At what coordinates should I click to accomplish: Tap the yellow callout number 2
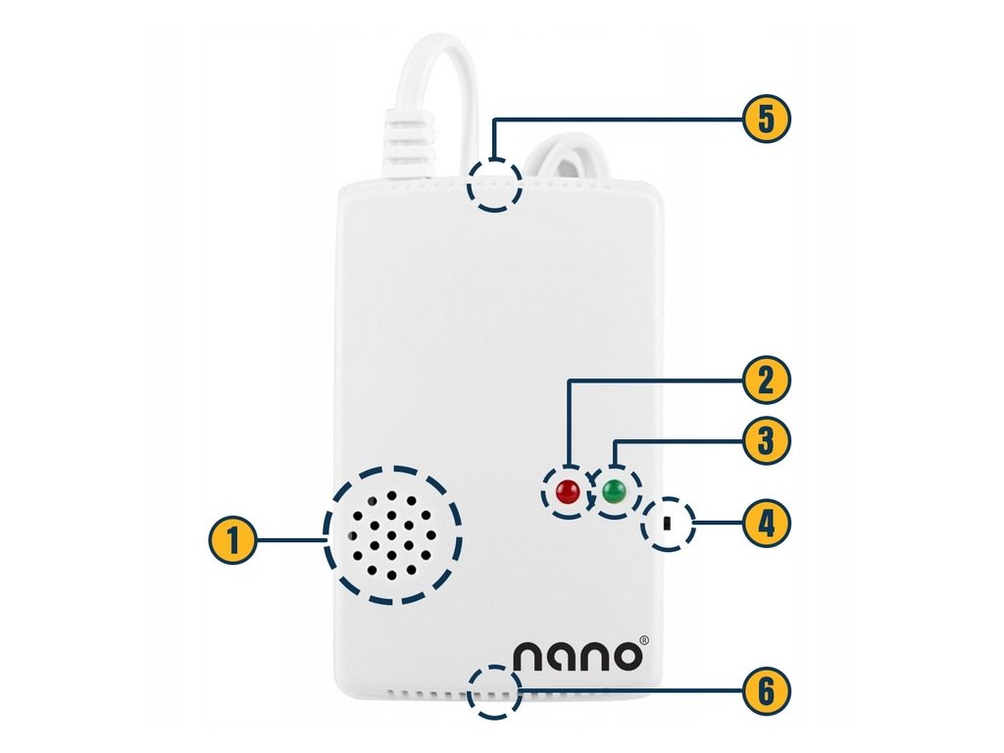766,378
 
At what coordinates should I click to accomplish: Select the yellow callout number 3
766,441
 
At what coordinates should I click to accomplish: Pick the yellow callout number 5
766,120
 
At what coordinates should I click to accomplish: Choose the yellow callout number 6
766,691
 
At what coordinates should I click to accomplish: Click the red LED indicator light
567,492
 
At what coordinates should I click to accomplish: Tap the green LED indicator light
615,491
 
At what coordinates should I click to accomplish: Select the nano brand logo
579,655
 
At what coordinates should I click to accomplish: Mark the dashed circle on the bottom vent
494,692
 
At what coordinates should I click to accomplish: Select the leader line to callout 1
290,538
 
